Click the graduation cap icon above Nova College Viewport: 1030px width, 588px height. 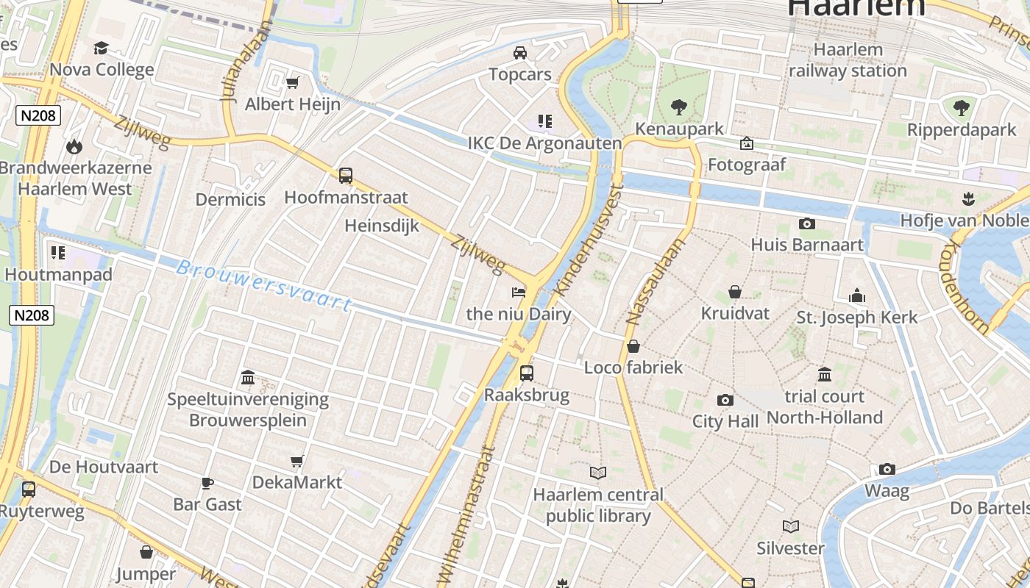[x=101, y=49]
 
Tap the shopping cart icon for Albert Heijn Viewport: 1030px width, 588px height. [x=293, y=82]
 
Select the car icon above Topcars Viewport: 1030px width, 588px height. [x=520, y=53]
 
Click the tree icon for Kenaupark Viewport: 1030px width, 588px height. [x=678, y=107]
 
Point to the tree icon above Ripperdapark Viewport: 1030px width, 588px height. [x=961, y=108]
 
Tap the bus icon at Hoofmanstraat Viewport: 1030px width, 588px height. [x=346, y=176]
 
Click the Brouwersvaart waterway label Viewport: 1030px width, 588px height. [x=263, y=284]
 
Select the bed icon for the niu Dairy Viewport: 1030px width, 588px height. [x=519, y=292]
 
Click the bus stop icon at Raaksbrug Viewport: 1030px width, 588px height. [x=527, y=373]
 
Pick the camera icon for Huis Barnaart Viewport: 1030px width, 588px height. [x=807, y=223]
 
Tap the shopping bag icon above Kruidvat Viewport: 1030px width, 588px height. [x=734, y=292]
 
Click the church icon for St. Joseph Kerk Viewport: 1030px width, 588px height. [x=857, y=295]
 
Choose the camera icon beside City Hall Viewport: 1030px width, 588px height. [x=725, y=400]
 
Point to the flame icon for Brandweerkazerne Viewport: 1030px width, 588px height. [x=74, y=146]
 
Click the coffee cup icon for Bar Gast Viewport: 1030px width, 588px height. [x=207, y=483]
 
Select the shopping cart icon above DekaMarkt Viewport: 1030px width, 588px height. [x=297, y=461]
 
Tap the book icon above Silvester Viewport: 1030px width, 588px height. [x=791, y=526]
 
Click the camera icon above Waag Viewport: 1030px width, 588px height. [x=887, y=469]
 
